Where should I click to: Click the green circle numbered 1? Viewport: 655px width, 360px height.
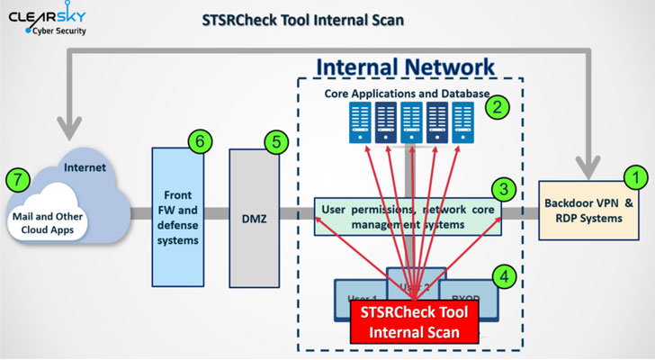635,176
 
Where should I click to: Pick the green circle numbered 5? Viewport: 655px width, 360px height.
275,141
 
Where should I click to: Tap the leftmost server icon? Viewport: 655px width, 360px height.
361,121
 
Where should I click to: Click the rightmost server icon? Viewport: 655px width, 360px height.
462,121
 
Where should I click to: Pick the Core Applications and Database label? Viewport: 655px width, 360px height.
407,93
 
